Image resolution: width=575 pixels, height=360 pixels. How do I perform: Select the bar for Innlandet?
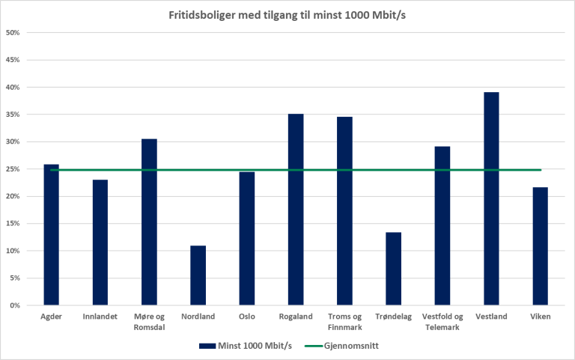tap(100, 242)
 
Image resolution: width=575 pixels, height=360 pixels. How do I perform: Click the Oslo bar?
tap(247, 239)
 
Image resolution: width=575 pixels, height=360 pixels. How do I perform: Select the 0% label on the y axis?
tap(14, 305)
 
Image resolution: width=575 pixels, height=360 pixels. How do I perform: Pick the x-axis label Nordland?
tap(198, 317)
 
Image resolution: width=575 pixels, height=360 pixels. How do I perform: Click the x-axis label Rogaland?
tap(296, 317)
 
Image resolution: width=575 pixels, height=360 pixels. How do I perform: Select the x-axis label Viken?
tap(540, 317)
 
